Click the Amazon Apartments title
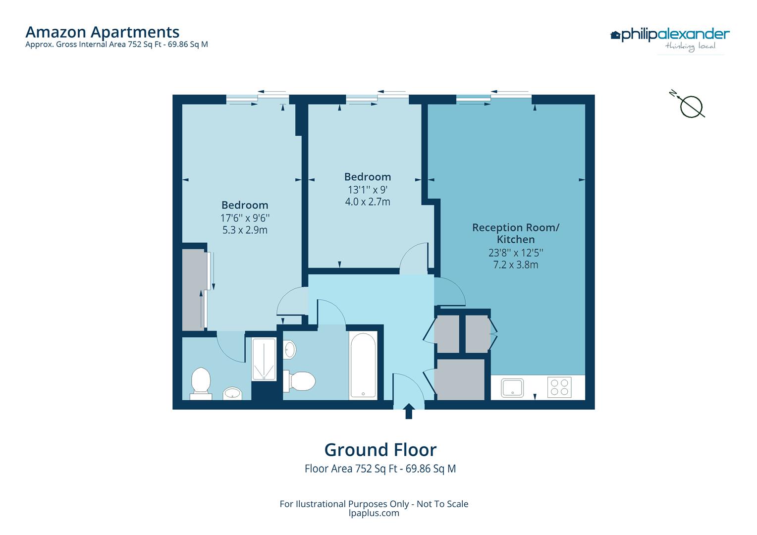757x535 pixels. (102, 32)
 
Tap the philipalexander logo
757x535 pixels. (670, 35)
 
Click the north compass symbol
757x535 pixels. (690, 106)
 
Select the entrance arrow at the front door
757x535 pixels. (409, 411)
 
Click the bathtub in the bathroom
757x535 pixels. (364, 366)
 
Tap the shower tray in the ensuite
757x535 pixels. (264, 359)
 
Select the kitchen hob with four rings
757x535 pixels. (559, 387)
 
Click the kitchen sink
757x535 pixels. (512, 387)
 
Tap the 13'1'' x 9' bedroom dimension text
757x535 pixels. (368, 190)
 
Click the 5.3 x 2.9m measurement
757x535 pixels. (245, 230)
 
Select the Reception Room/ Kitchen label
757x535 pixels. (515, 233)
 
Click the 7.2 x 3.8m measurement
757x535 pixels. (515, 265)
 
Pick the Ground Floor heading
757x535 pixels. (380, 450)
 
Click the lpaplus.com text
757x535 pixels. (374, 513)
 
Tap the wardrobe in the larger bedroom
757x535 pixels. (193, 290)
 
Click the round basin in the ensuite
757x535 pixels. (232, 393)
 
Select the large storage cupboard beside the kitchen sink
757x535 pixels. (460, 379)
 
